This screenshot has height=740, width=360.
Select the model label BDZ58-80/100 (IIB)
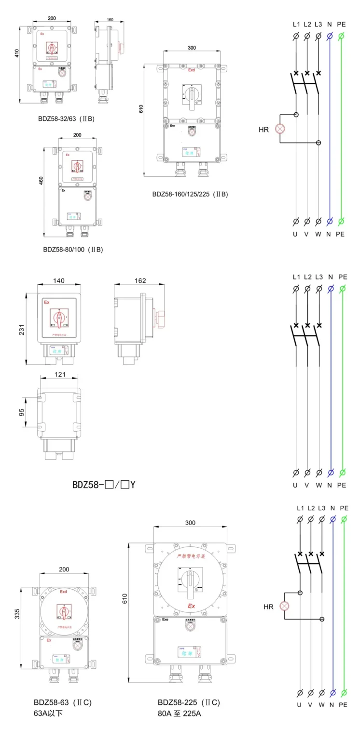click(x=73, y=250)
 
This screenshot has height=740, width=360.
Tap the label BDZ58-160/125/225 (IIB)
click(x=190, y=194)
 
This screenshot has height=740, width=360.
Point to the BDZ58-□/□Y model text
click(x=104, y=484)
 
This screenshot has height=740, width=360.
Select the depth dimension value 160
click(x=110, y=20)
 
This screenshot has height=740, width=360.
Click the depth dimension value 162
click(x=139, y=281)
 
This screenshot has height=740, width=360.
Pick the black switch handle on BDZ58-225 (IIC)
click(x=190, y=578)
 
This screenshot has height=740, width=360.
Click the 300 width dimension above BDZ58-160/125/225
click(x=192, y=48)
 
